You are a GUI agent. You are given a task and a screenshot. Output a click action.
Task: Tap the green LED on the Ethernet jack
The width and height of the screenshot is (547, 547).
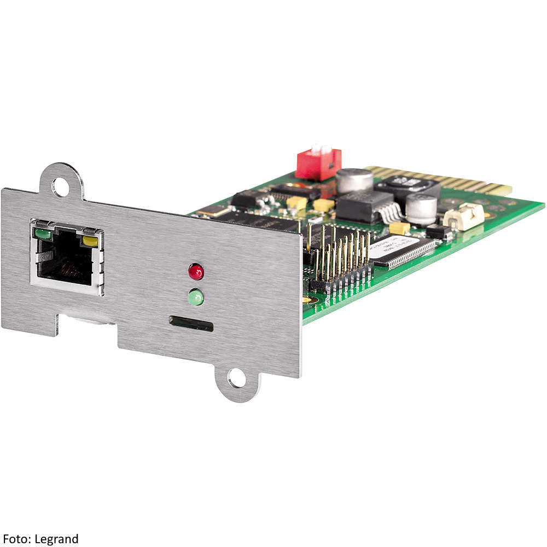point(43,235)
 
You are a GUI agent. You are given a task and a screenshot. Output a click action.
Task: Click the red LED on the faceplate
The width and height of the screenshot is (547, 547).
point(196,271)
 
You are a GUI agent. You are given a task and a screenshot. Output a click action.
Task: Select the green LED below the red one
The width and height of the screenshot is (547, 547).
point(196,298)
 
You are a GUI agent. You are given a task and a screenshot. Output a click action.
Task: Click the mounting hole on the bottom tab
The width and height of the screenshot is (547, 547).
point(236,378)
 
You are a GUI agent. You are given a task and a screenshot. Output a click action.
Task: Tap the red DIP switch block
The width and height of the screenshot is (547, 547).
point(318,164)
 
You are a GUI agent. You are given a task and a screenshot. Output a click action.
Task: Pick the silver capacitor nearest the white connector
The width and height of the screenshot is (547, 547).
point(422,210)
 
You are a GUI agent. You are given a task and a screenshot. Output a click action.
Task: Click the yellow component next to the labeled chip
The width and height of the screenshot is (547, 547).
point(400,228)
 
